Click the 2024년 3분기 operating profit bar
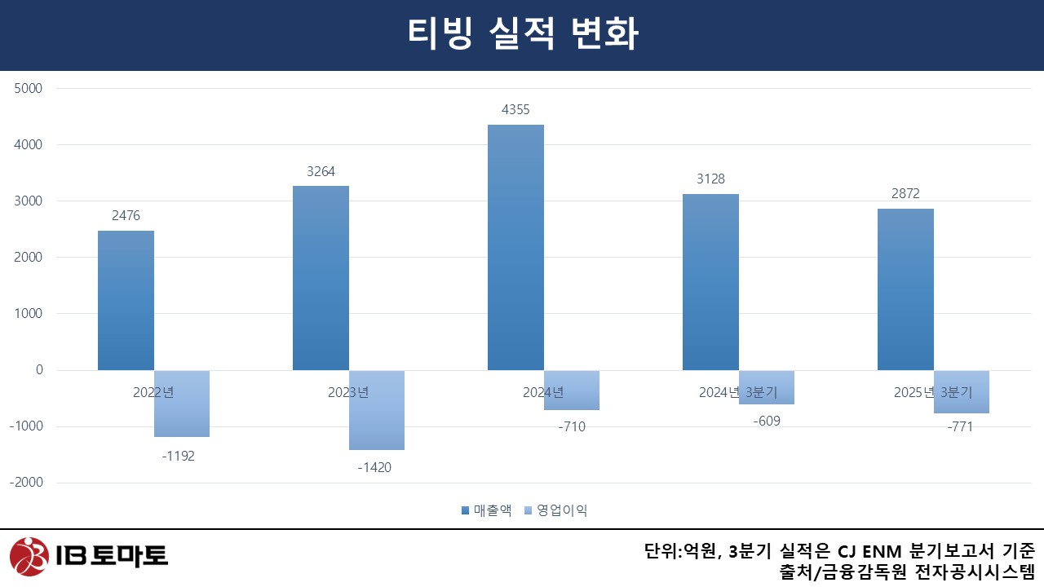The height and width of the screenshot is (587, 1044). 767,387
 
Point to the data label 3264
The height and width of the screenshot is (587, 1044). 321,172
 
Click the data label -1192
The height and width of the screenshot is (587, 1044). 179,456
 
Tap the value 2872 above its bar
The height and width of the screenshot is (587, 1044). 905,194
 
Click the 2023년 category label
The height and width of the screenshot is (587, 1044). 348,392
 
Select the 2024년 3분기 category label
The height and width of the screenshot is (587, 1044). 738,392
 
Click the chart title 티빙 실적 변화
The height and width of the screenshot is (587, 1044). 522,34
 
